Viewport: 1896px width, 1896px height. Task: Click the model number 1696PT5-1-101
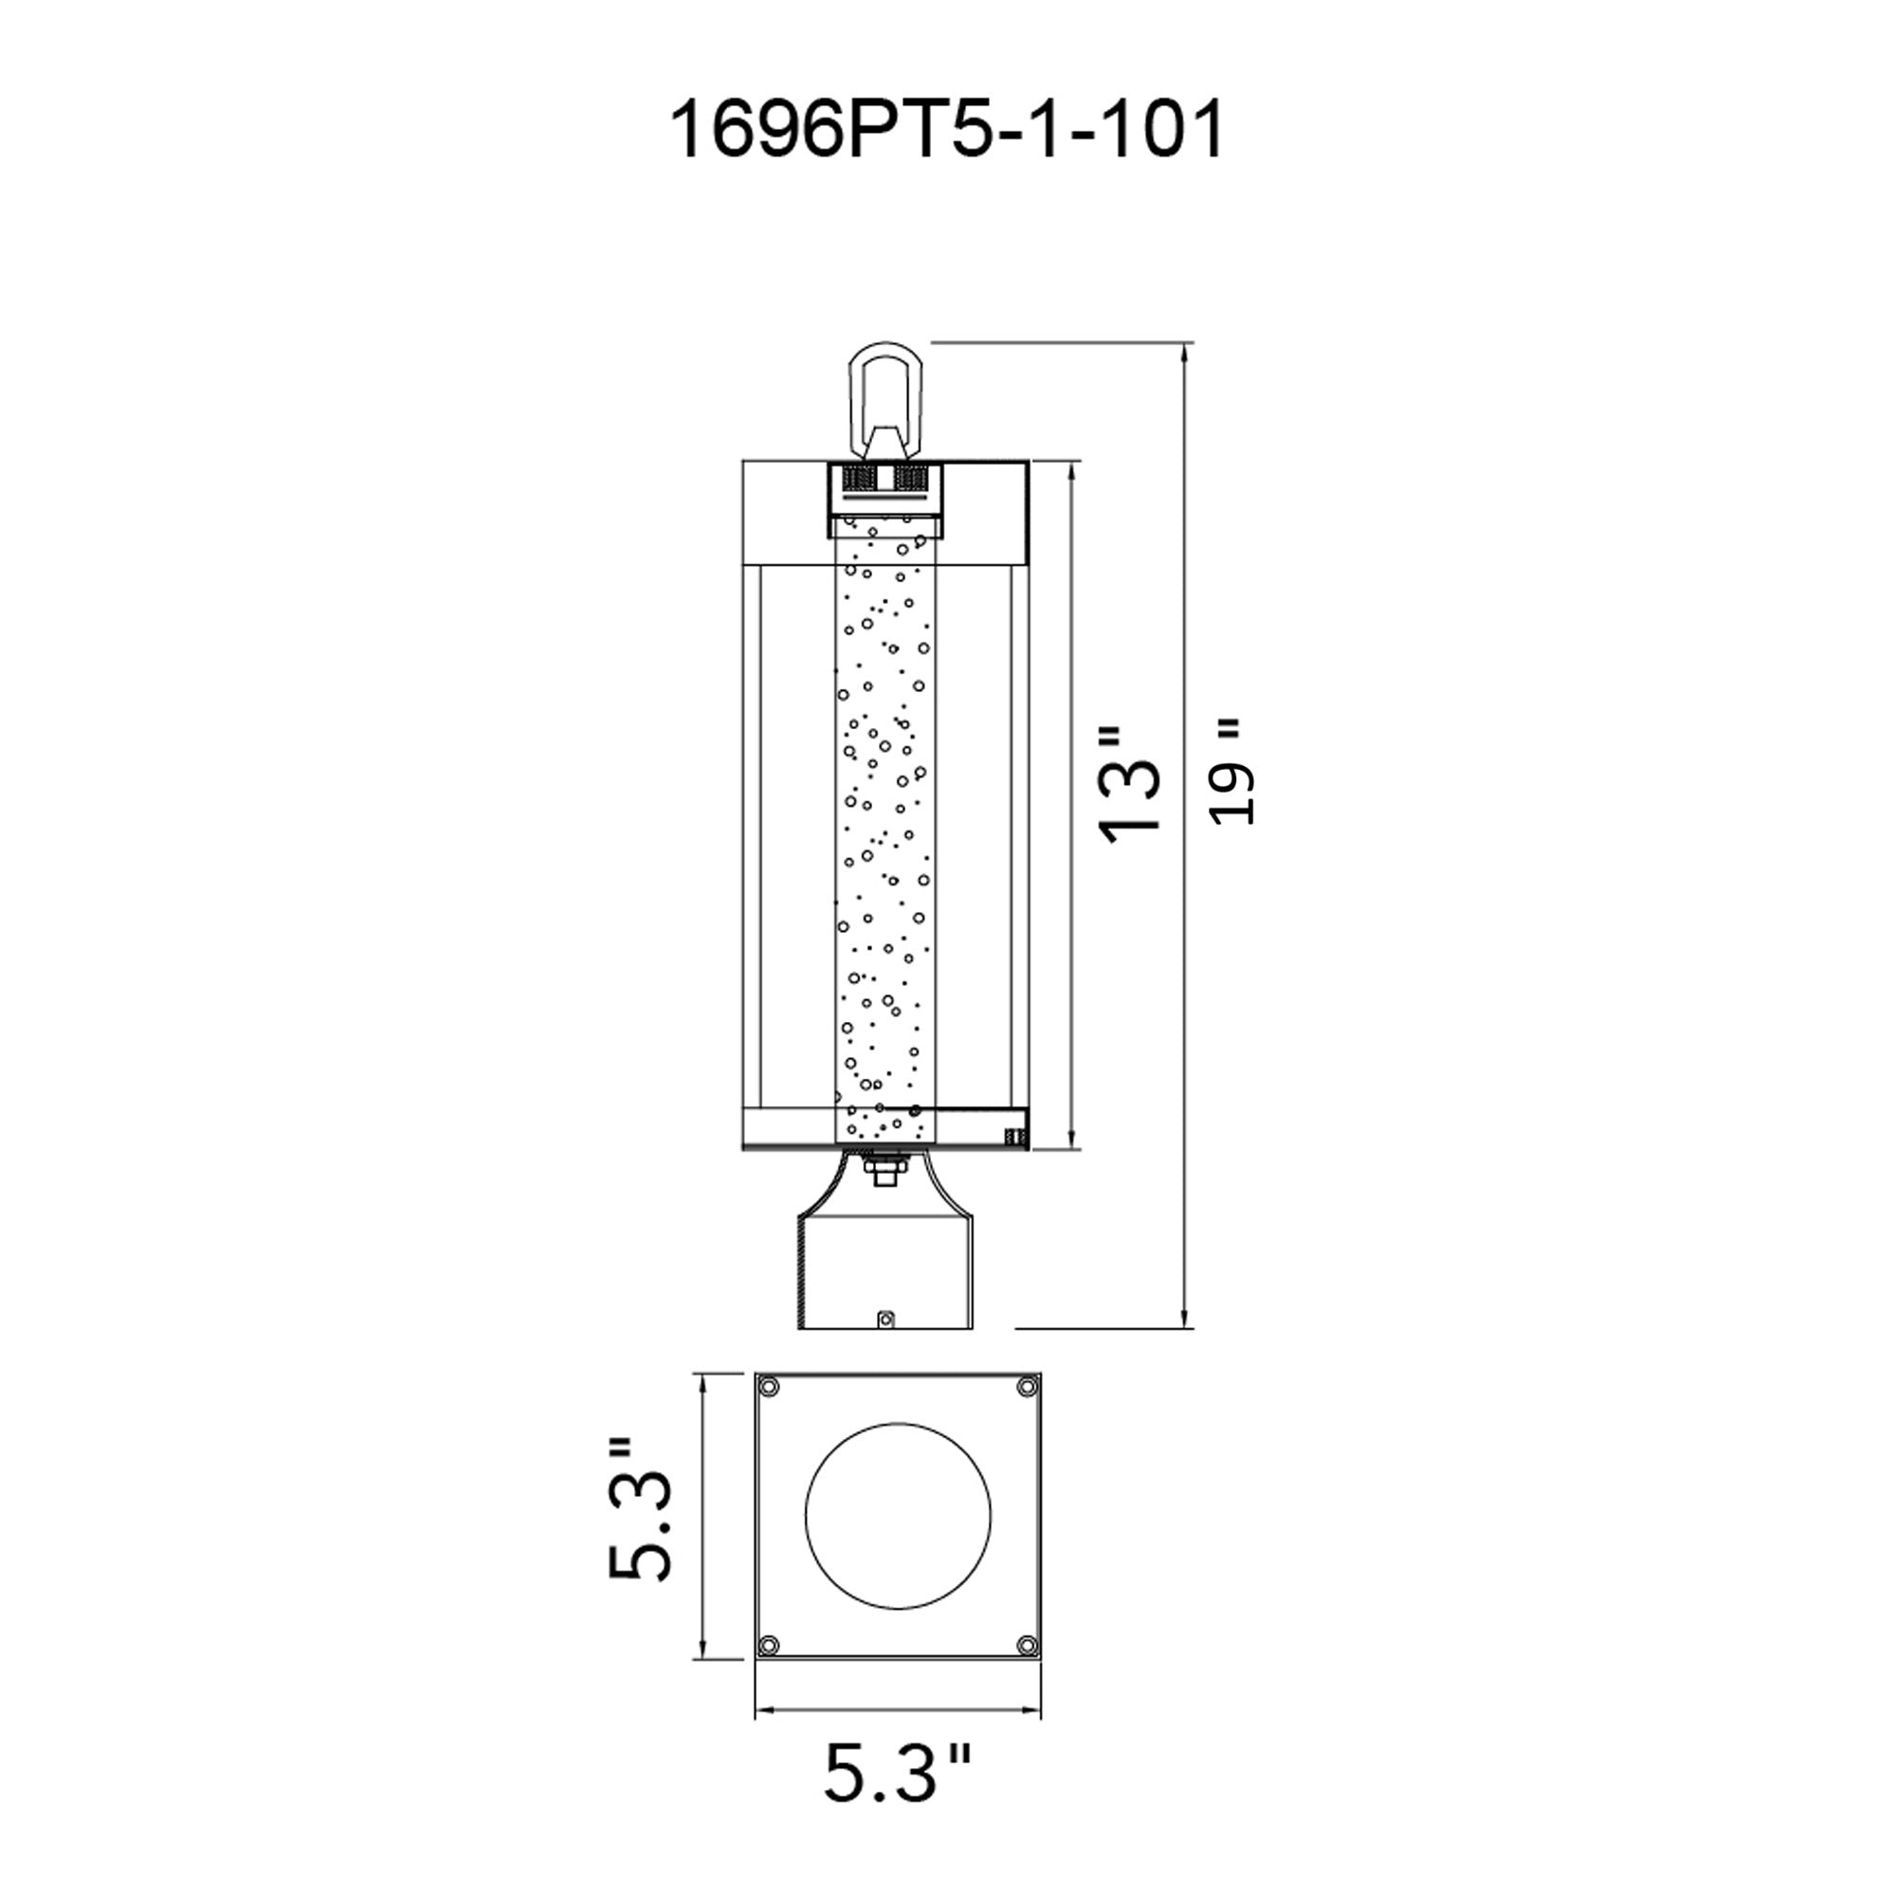pyautogui.click(x=947, y=131)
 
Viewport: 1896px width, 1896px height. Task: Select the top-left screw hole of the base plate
pyautogui.click(x=769, y=1386)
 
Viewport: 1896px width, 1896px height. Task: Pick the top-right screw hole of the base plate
pyautogui.click(x=1027, y=1386)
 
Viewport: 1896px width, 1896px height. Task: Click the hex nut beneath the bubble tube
pyautogui.click(x=884, y=1171)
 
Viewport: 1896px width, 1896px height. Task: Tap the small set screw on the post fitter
pyautogui.click(x=885, y=1318)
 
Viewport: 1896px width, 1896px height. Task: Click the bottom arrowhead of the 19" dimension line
pyautogui.click(x=1188, y=1320)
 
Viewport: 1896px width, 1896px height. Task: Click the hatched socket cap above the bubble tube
pyautogui.click(x=886, y=479)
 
